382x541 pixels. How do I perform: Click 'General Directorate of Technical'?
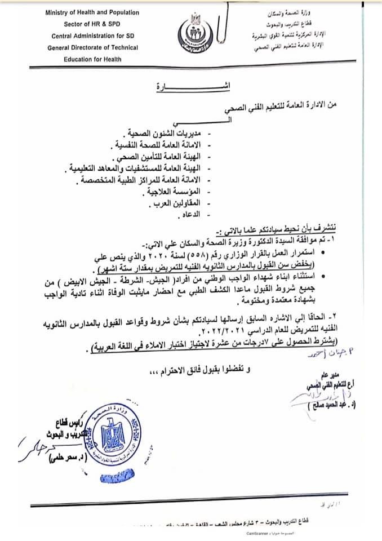click(85, 48)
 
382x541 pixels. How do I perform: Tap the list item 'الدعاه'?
click(192, 215)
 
